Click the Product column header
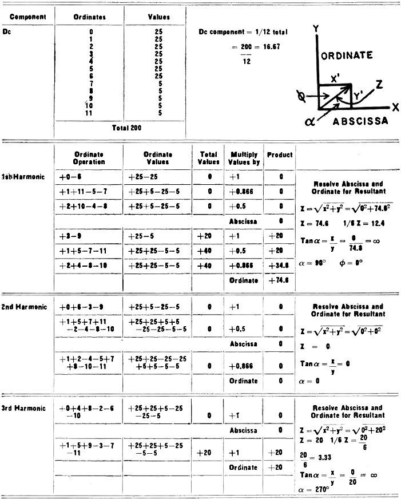click(x=280, y=155)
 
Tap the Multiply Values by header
click(x=245, y=159)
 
